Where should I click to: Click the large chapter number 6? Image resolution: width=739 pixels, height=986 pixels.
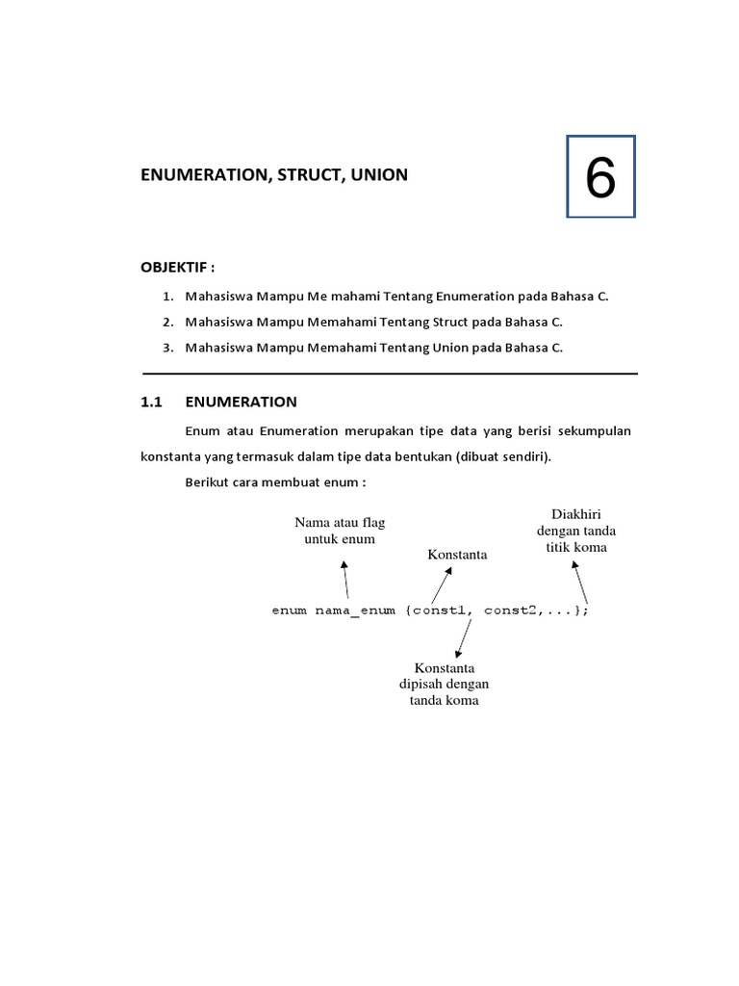coord(599,178)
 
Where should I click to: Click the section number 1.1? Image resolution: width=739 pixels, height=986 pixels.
coord(155,402)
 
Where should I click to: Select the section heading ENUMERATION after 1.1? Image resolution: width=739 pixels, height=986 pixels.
coord(241,402)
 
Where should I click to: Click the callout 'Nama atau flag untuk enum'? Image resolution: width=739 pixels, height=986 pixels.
coord(340,531)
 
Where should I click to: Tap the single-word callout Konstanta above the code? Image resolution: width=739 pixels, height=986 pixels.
coord(457,555)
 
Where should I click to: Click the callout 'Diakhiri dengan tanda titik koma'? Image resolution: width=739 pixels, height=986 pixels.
coord(576,531)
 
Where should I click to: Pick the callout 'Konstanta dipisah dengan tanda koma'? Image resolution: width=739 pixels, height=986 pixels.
coord(445,684)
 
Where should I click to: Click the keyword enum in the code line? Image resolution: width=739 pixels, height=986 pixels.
coord(289,610)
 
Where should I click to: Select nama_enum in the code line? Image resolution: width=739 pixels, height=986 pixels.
coord(354,610)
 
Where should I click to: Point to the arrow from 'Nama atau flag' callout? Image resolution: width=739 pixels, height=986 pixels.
coord(345,580)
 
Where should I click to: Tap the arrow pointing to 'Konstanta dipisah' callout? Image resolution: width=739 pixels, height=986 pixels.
coord(464,638)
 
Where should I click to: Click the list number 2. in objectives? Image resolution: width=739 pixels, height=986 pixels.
coord(167,322)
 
